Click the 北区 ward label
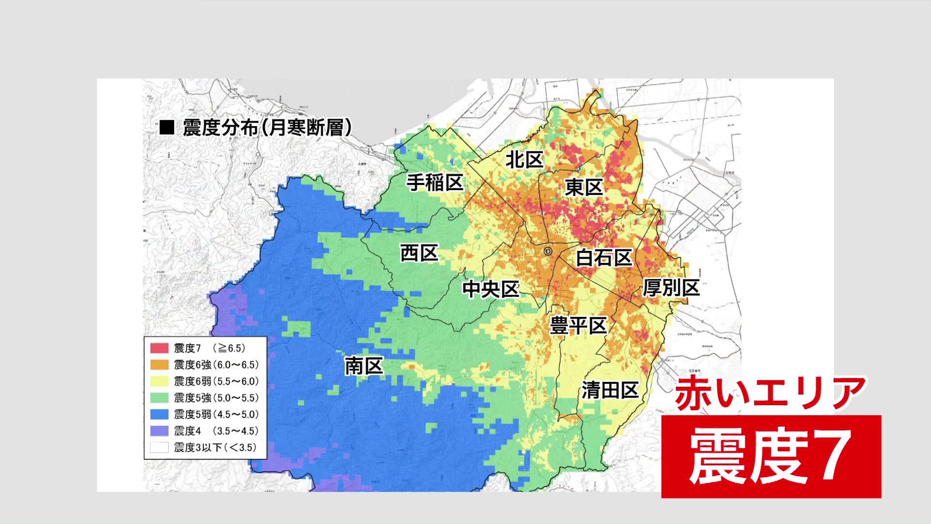(x=524, y=160)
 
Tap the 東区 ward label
(x=584, y=187)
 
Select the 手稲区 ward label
(x=435, y=183)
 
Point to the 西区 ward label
(x=419, y=253)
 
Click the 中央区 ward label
(x=491, y=289)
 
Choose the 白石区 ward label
(x=604, y=258)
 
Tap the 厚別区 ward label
(x=671, y=288)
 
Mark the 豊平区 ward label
(x=578, y=326)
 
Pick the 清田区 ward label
(x=610, y=390)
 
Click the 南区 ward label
(x=364, y=366)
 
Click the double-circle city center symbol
(x=548, y=251)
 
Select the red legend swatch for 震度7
(x=159, y=348)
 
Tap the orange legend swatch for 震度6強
(x=159, y=364)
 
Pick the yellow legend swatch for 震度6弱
(x=159, y=381)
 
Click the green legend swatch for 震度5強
(x=159, y=398)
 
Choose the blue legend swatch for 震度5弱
(x=159, y=414)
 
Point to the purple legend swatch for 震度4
(x=159, y=431)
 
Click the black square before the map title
(x=167, y=128)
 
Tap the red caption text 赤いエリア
(x=770, y=393)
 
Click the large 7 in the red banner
(x=833, y=456)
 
